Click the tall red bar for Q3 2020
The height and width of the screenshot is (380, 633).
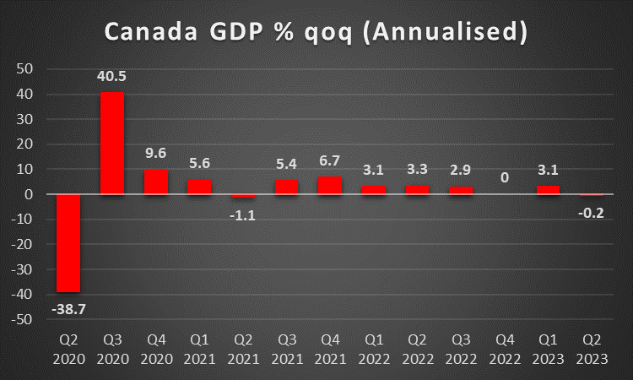pyautogui.click(x=112, y=144)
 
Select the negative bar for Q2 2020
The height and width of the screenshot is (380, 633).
pyautogui.click(x=68, y=243)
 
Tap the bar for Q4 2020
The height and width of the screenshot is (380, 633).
pyautogui.click(x=156, y=182)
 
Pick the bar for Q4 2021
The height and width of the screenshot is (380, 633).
pyautogui.click(x=330, y=186)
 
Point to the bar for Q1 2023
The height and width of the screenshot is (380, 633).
pyautogui.click(x=548, y=191)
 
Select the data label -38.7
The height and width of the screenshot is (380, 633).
pyautogui.click(x=68, y=310)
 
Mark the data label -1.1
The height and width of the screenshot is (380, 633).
pyautogui.click(x=243, y=214)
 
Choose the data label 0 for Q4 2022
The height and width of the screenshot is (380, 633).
pyautogui.click(x=505, y=178)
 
